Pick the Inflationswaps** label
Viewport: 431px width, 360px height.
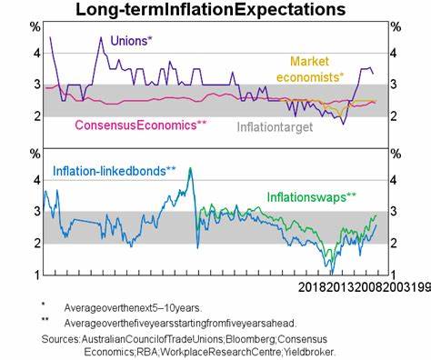pos(311,195)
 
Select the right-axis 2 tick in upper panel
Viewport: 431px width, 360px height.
pos(394,116)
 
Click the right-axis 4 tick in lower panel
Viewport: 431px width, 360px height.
pos(394,180)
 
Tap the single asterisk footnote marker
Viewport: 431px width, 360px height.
pos(43,305)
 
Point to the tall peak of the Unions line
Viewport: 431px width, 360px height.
pos(100,35)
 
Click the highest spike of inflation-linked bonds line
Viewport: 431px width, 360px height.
pos(190,168)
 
